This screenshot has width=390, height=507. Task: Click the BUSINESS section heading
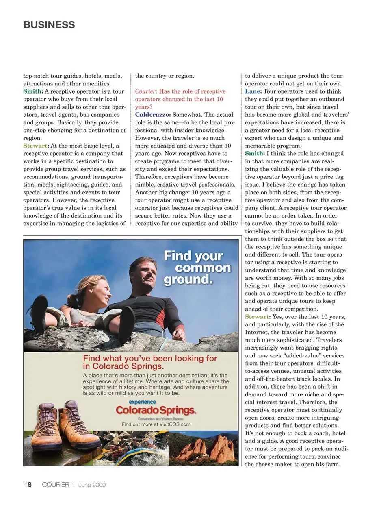(49, 25)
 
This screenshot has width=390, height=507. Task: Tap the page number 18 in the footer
(28, 484)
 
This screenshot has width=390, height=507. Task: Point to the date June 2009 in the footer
(92, 485)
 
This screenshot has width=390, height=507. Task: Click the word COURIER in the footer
(56, 485)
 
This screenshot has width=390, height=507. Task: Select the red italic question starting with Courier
(180, 99)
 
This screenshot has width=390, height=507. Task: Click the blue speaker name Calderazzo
(153, 115)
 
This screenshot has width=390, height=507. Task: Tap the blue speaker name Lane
(253, 91)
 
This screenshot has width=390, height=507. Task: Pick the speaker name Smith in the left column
(32, 91)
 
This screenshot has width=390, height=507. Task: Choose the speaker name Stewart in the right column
(257, 317)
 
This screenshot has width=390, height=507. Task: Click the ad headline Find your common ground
(197, 268)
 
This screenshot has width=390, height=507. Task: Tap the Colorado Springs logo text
(156, 410)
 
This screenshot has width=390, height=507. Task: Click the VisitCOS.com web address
(169, 424)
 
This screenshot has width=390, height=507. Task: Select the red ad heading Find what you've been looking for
(150, 362)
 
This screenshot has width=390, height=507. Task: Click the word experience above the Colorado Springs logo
(142, 402)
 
